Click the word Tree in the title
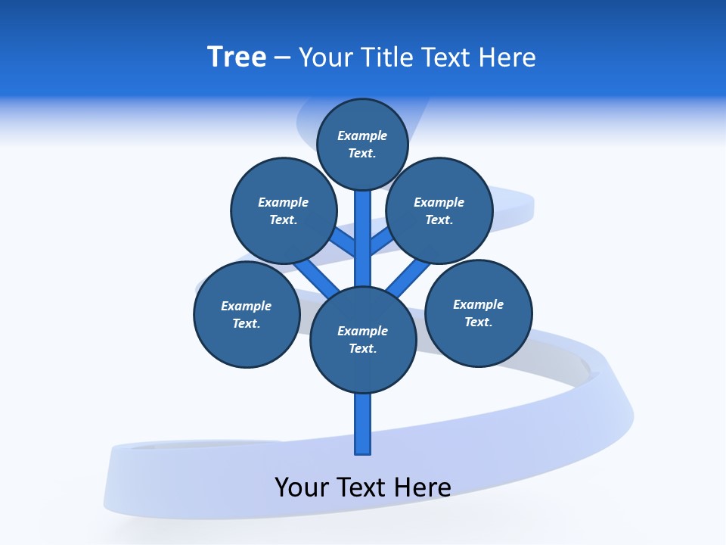coord(237,58)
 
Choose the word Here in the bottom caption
coord(423,487)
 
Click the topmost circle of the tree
coord(362,144)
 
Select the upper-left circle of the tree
coord(283,210)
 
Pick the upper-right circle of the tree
coord(439,210)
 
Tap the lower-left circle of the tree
coord(247,314)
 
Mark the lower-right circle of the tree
coord(479,313)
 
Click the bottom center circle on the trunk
coord(363,340)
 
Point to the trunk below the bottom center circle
coord(363,424)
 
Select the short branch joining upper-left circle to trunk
coord(344,243)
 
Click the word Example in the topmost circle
coord(362,135)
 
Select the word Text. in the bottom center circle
coord(362,348)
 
